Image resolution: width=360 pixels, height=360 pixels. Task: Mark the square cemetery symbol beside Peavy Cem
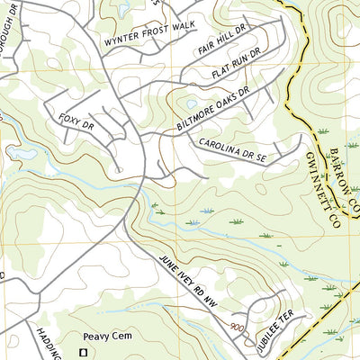86,351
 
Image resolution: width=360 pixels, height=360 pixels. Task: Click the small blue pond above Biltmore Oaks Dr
192,103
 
